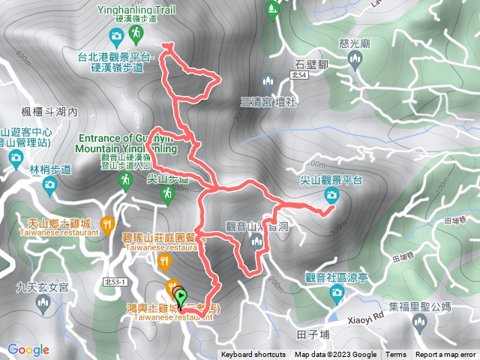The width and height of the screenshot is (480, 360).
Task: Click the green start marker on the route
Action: [x=180, y=298]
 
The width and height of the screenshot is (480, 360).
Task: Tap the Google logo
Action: [x=28, y=349]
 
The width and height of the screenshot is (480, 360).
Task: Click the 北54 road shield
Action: [x=298, y=76]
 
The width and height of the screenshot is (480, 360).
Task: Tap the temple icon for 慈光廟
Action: [x=357, y=58]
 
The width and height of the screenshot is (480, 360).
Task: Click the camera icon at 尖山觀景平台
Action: [x=331, y=196]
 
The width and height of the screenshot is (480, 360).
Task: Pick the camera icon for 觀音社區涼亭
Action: [x=338, y=291]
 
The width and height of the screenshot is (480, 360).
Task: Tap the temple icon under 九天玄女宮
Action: [x=42, y=304]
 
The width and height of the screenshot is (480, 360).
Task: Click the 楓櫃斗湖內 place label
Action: [x=50, y=111]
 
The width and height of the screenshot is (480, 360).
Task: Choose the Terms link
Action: [x=395, y=355]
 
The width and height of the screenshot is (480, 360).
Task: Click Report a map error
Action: [x=445, y=355]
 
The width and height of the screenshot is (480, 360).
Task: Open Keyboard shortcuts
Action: [x=253, y=355]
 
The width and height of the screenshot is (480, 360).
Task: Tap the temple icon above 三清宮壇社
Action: [x=268, y=81]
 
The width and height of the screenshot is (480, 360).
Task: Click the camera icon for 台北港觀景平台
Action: [x=116, y=34]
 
